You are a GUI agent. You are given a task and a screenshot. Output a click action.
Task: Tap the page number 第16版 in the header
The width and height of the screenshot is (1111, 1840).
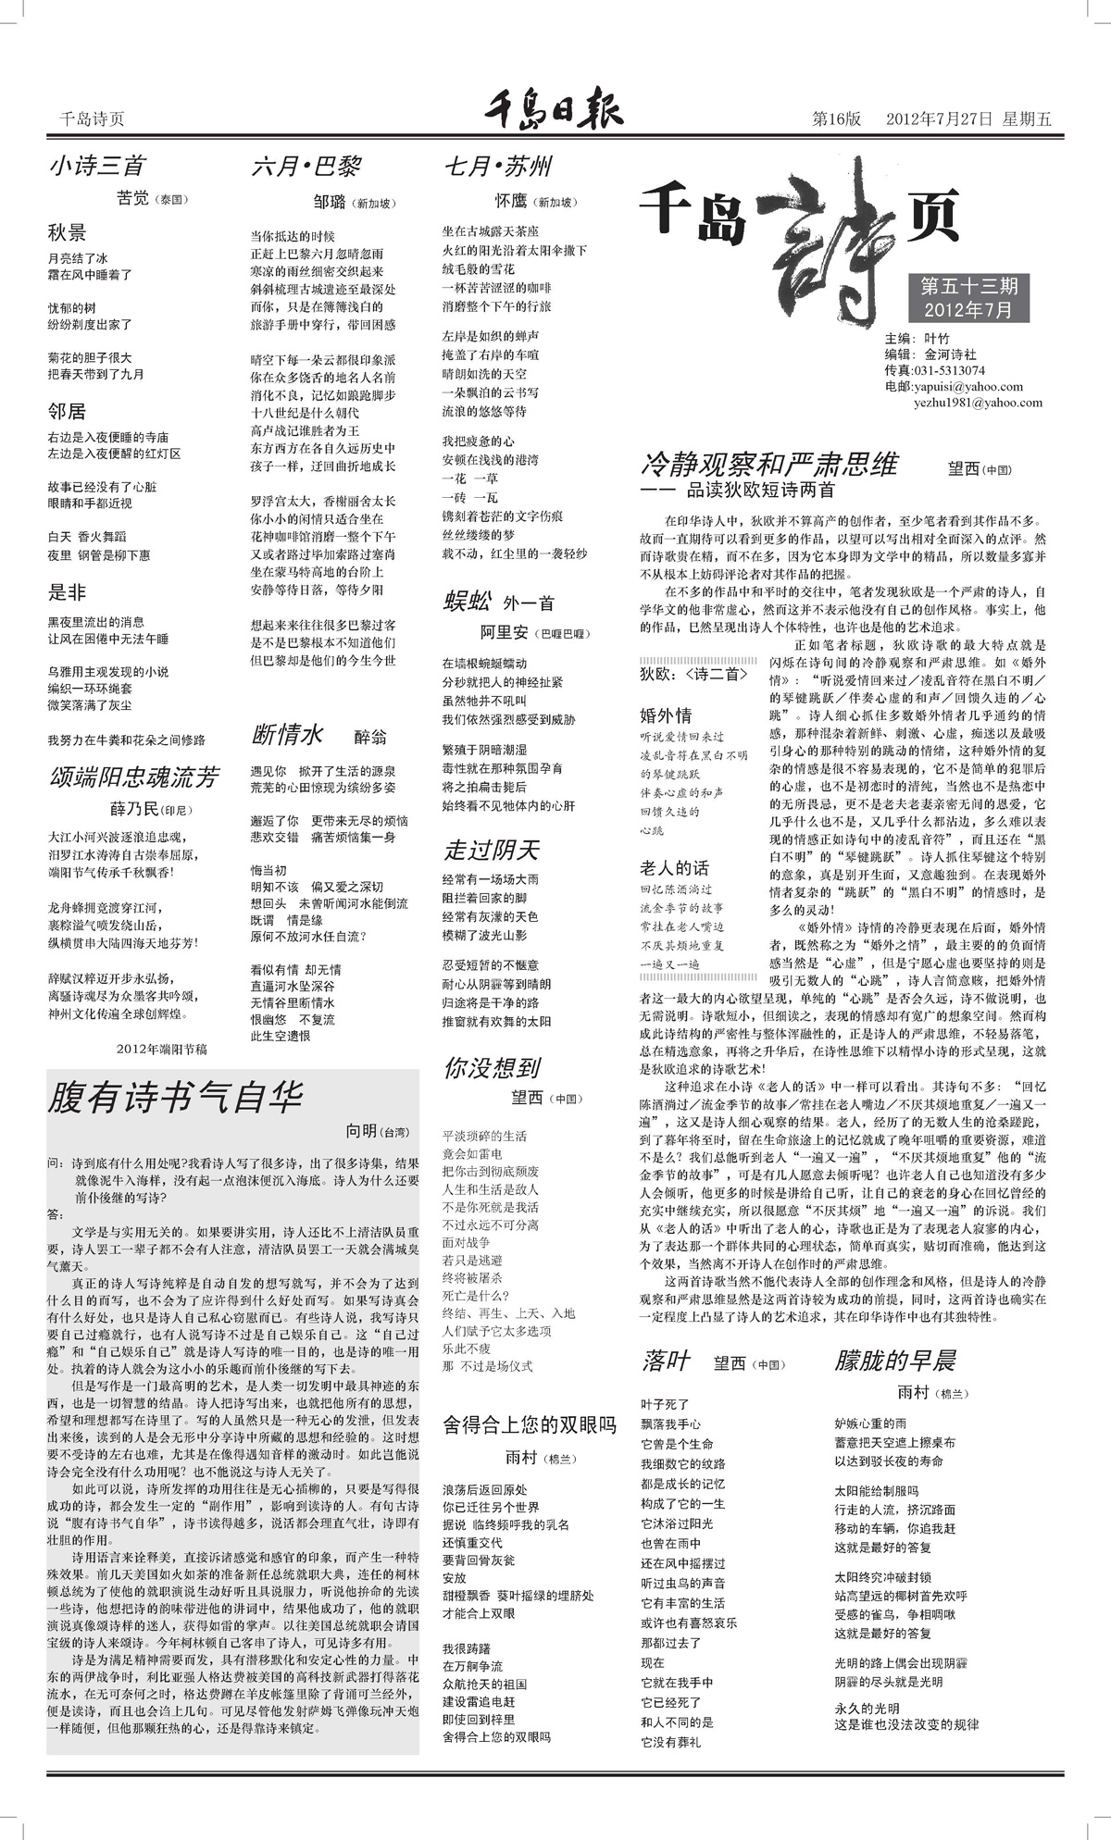[836, 118]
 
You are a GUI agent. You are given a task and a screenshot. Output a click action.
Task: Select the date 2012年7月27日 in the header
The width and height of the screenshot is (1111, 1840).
[939, 118]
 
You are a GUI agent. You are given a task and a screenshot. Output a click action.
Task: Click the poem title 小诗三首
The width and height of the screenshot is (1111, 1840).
[97, 167]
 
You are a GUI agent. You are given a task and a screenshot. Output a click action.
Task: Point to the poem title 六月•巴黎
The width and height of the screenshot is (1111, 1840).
[306, 168]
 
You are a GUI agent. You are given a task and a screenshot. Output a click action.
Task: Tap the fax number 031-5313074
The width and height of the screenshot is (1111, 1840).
[947, 370]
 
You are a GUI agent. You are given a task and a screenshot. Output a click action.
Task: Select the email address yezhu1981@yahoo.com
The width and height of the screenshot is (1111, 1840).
[978, 403]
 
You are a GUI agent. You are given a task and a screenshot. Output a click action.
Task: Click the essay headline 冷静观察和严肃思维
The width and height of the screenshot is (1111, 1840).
[769, 464]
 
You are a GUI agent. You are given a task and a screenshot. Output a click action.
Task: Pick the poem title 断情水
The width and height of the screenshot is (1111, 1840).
[287, 735]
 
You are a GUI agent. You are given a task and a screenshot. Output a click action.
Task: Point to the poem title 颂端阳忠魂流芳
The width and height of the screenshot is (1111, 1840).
[133, 777]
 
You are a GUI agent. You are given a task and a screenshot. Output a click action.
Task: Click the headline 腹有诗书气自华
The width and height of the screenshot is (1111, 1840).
[175, 1098]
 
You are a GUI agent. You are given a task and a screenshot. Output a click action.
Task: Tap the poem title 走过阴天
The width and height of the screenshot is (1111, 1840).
[491, 849]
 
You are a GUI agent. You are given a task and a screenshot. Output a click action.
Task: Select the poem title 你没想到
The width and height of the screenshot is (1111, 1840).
[492, 1067]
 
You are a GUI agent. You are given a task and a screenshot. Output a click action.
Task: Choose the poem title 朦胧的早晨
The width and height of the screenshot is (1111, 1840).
[894, 1361]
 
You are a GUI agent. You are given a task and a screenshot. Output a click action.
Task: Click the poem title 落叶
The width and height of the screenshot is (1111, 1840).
[666, 1361]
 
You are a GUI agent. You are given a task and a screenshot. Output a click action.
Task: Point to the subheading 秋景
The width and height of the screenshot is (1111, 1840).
[67, 232]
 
